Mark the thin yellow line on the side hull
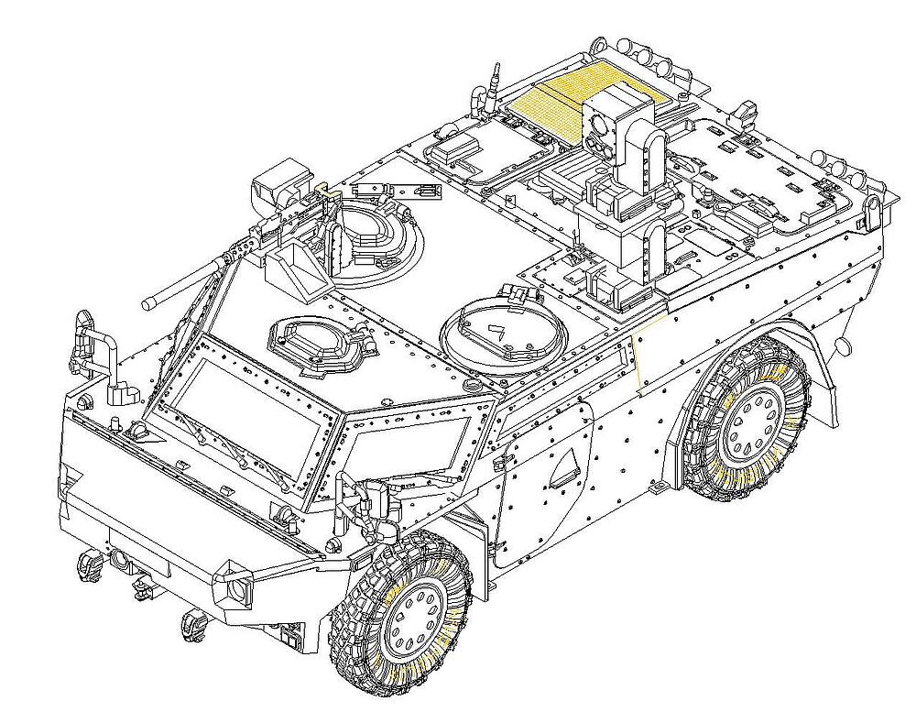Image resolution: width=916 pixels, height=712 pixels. coord(638,357)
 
